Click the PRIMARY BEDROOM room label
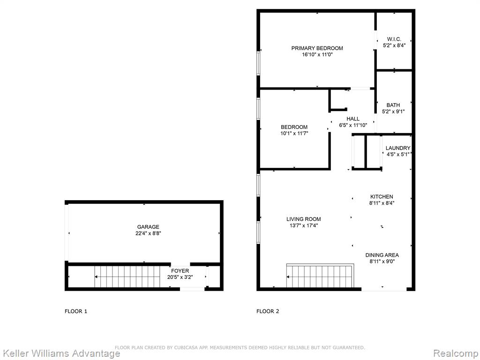click(x=317, y=48)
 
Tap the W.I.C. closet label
click(x=394, y=39)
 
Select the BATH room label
click(x=393, y=105)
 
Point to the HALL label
click(x=353, y=119)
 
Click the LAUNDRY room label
click(x=397, y=148)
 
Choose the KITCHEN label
click(x=382, y=196)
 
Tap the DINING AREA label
click(x=382, y=255)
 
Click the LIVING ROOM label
click(x=304, y=219)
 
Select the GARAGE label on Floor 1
click(x=148, y=227)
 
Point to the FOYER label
click(x=180, y=270)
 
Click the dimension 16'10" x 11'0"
click(x=317, y=54)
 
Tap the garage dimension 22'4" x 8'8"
click(x=148, y=233)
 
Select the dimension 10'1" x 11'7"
click(x=294, y=133)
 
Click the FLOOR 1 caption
click(x=76, y=311)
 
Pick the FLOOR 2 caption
click(x=268, y=311)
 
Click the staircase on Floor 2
click(x=320, y=276)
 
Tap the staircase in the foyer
click(x=127, y=277)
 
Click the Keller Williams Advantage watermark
click(x=61, y=353)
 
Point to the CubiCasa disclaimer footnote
click(x=240, y=347)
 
